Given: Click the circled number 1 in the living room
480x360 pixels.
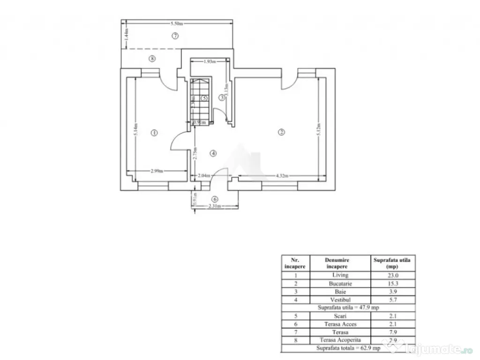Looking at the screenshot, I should pos(154,133).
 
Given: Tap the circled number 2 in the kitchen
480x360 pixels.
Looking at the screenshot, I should pos(281,132).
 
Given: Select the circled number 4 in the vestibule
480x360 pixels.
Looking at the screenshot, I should pos(213,153).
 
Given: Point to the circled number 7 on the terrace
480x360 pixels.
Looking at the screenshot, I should pos(175,36).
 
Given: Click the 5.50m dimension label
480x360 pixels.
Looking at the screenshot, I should pos(176,23).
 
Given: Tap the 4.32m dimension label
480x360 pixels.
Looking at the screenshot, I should pos(281,176).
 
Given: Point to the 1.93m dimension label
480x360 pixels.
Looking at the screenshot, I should pos(210,61).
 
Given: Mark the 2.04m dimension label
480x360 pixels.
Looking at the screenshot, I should pos(204,176).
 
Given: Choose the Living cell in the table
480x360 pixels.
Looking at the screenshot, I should pos(340,275).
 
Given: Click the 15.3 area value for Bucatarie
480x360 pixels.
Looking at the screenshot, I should pos(393,283).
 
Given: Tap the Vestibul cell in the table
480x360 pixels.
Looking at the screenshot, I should pos(340,299).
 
